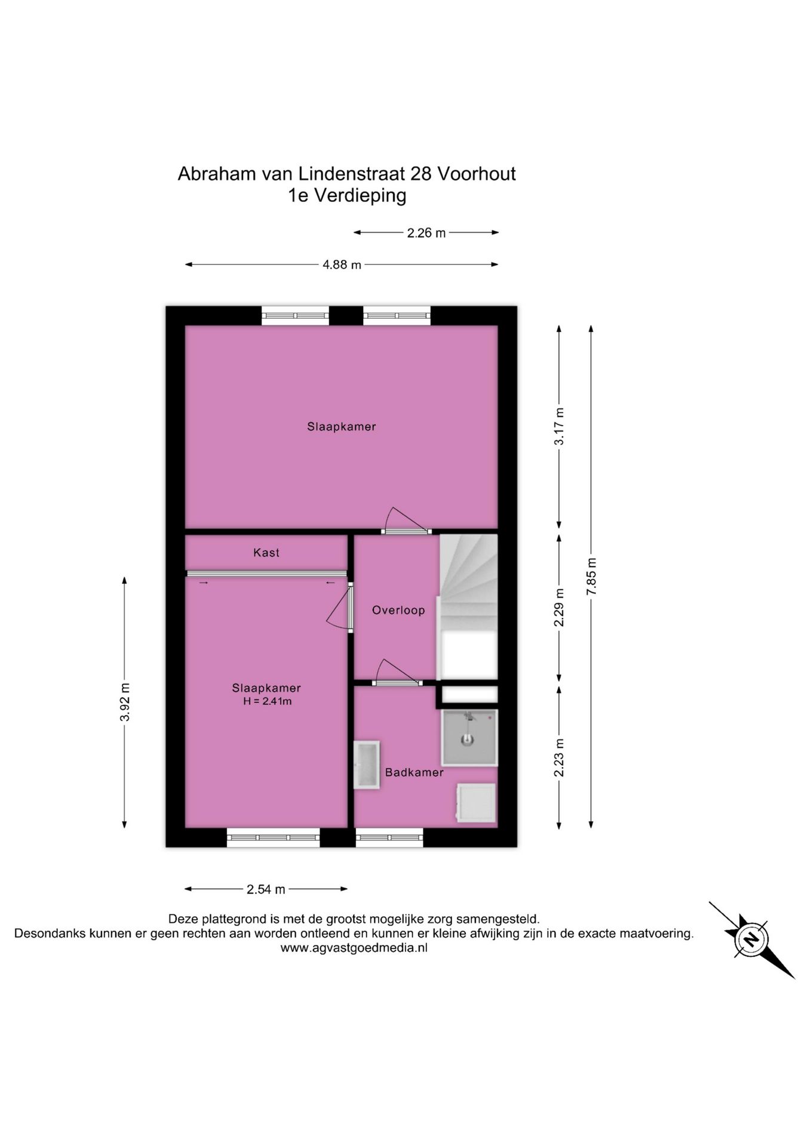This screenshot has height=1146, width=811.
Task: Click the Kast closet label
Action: tap(266, 553)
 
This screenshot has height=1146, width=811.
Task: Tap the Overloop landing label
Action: tap(398, 610)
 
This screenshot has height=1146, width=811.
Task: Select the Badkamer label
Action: tap(414, 772)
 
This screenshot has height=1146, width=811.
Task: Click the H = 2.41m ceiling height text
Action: tap(267, 701)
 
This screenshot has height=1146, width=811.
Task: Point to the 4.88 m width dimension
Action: tap(342, 264)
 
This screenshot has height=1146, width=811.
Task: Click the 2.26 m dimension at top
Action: tap(426, 233)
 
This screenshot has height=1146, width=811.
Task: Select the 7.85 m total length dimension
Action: tap(591, 576)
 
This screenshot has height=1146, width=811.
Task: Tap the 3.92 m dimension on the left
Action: tap(125, 702)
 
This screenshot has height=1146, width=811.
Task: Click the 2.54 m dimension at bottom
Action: tap(266, 889)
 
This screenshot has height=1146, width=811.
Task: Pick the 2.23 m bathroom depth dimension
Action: tap(559, 757)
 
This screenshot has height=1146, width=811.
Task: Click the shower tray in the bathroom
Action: tap(469, 738)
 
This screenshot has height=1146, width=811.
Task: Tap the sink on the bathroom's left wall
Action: tap(366, 765)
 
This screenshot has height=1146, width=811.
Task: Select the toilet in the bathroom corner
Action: tap(476, 803)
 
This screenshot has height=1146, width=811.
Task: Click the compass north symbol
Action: tap(751, 940)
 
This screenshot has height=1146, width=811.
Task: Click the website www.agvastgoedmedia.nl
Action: tap(354, 948)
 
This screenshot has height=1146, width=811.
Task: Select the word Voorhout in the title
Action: tap(477, 174)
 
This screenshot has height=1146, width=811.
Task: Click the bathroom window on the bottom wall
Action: tap(389, 838)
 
